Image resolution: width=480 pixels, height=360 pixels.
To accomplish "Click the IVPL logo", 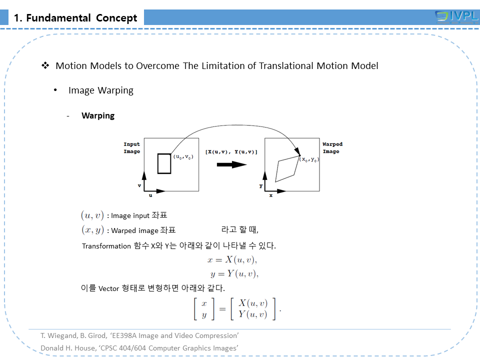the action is (x=456, y=17).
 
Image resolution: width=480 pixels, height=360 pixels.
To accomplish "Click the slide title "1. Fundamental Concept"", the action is (x=75, y=18).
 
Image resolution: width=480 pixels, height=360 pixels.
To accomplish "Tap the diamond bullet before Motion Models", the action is (x=45, y=65).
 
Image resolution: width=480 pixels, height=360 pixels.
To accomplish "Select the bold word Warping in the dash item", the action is (x=98, y=116).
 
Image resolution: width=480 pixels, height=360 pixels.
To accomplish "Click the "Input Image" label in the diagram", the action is (x=132, y=148).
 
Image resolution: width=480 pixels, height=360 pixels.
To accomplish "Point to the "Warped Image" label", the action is (x=332, y=148).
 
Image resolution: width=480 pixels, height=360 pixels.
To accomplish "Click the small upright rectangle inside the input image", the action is (x=164, y=163).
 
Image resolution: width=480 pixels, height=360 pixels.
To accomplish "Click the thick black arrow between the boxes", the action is (x=231, y=164).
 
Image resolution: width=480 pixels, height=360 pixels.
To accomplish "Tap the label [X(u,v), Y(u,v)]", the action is (x=231, y=151).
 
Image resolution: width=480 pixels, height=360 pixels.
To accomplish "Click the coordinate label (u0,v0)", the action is (x=183, y=157).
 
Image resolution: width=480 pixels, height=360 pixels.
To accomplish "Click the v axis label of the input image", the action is (x=139, y=185).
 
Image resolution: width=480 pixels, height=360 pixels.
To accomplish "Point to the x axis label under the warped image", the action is (x=270, y=195).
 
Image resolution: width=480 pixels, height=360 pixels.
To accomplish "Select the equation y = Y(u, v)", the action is (x=234, y=273).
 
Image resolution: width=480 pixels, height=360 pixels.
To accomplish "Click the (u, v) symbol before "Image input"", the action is (x=92, y=215).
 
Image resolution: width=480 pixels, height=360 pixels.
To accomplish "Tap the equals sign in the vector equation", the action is (x=222, y=308).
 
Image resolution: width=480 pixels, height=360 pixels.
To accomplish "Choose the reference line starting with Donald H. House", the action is (x=139, y=347).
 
